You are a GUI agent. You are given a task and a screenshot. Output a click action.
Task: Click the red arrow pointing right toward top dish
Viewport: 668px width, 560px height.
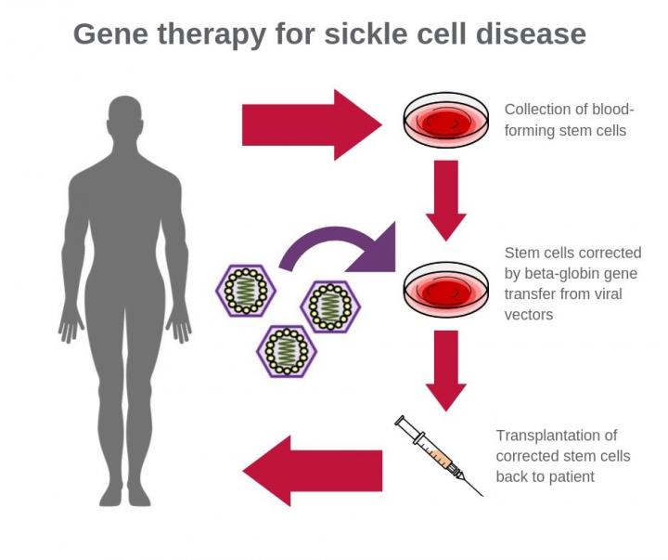pos(310,124)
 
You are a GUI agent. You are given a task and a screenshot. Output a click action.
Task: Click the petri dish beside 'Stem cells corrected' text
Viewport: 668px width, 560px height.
pos(444,289)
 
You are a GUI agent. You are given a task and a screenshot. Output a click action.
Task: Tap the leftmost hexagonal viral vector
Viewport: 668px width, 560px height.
pos(246,291)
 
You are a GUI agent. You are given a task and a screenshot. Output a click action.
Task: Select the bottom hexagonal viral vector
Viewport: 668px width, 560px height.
pos(286,349)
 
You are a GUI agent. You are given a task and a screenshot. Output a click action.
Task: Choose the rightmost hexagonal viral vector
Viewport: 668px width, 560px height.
pos(329,304)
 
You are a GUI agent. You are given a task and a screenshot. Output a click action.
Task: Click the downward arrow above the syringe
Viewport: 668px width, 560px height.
pos(445,368)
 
